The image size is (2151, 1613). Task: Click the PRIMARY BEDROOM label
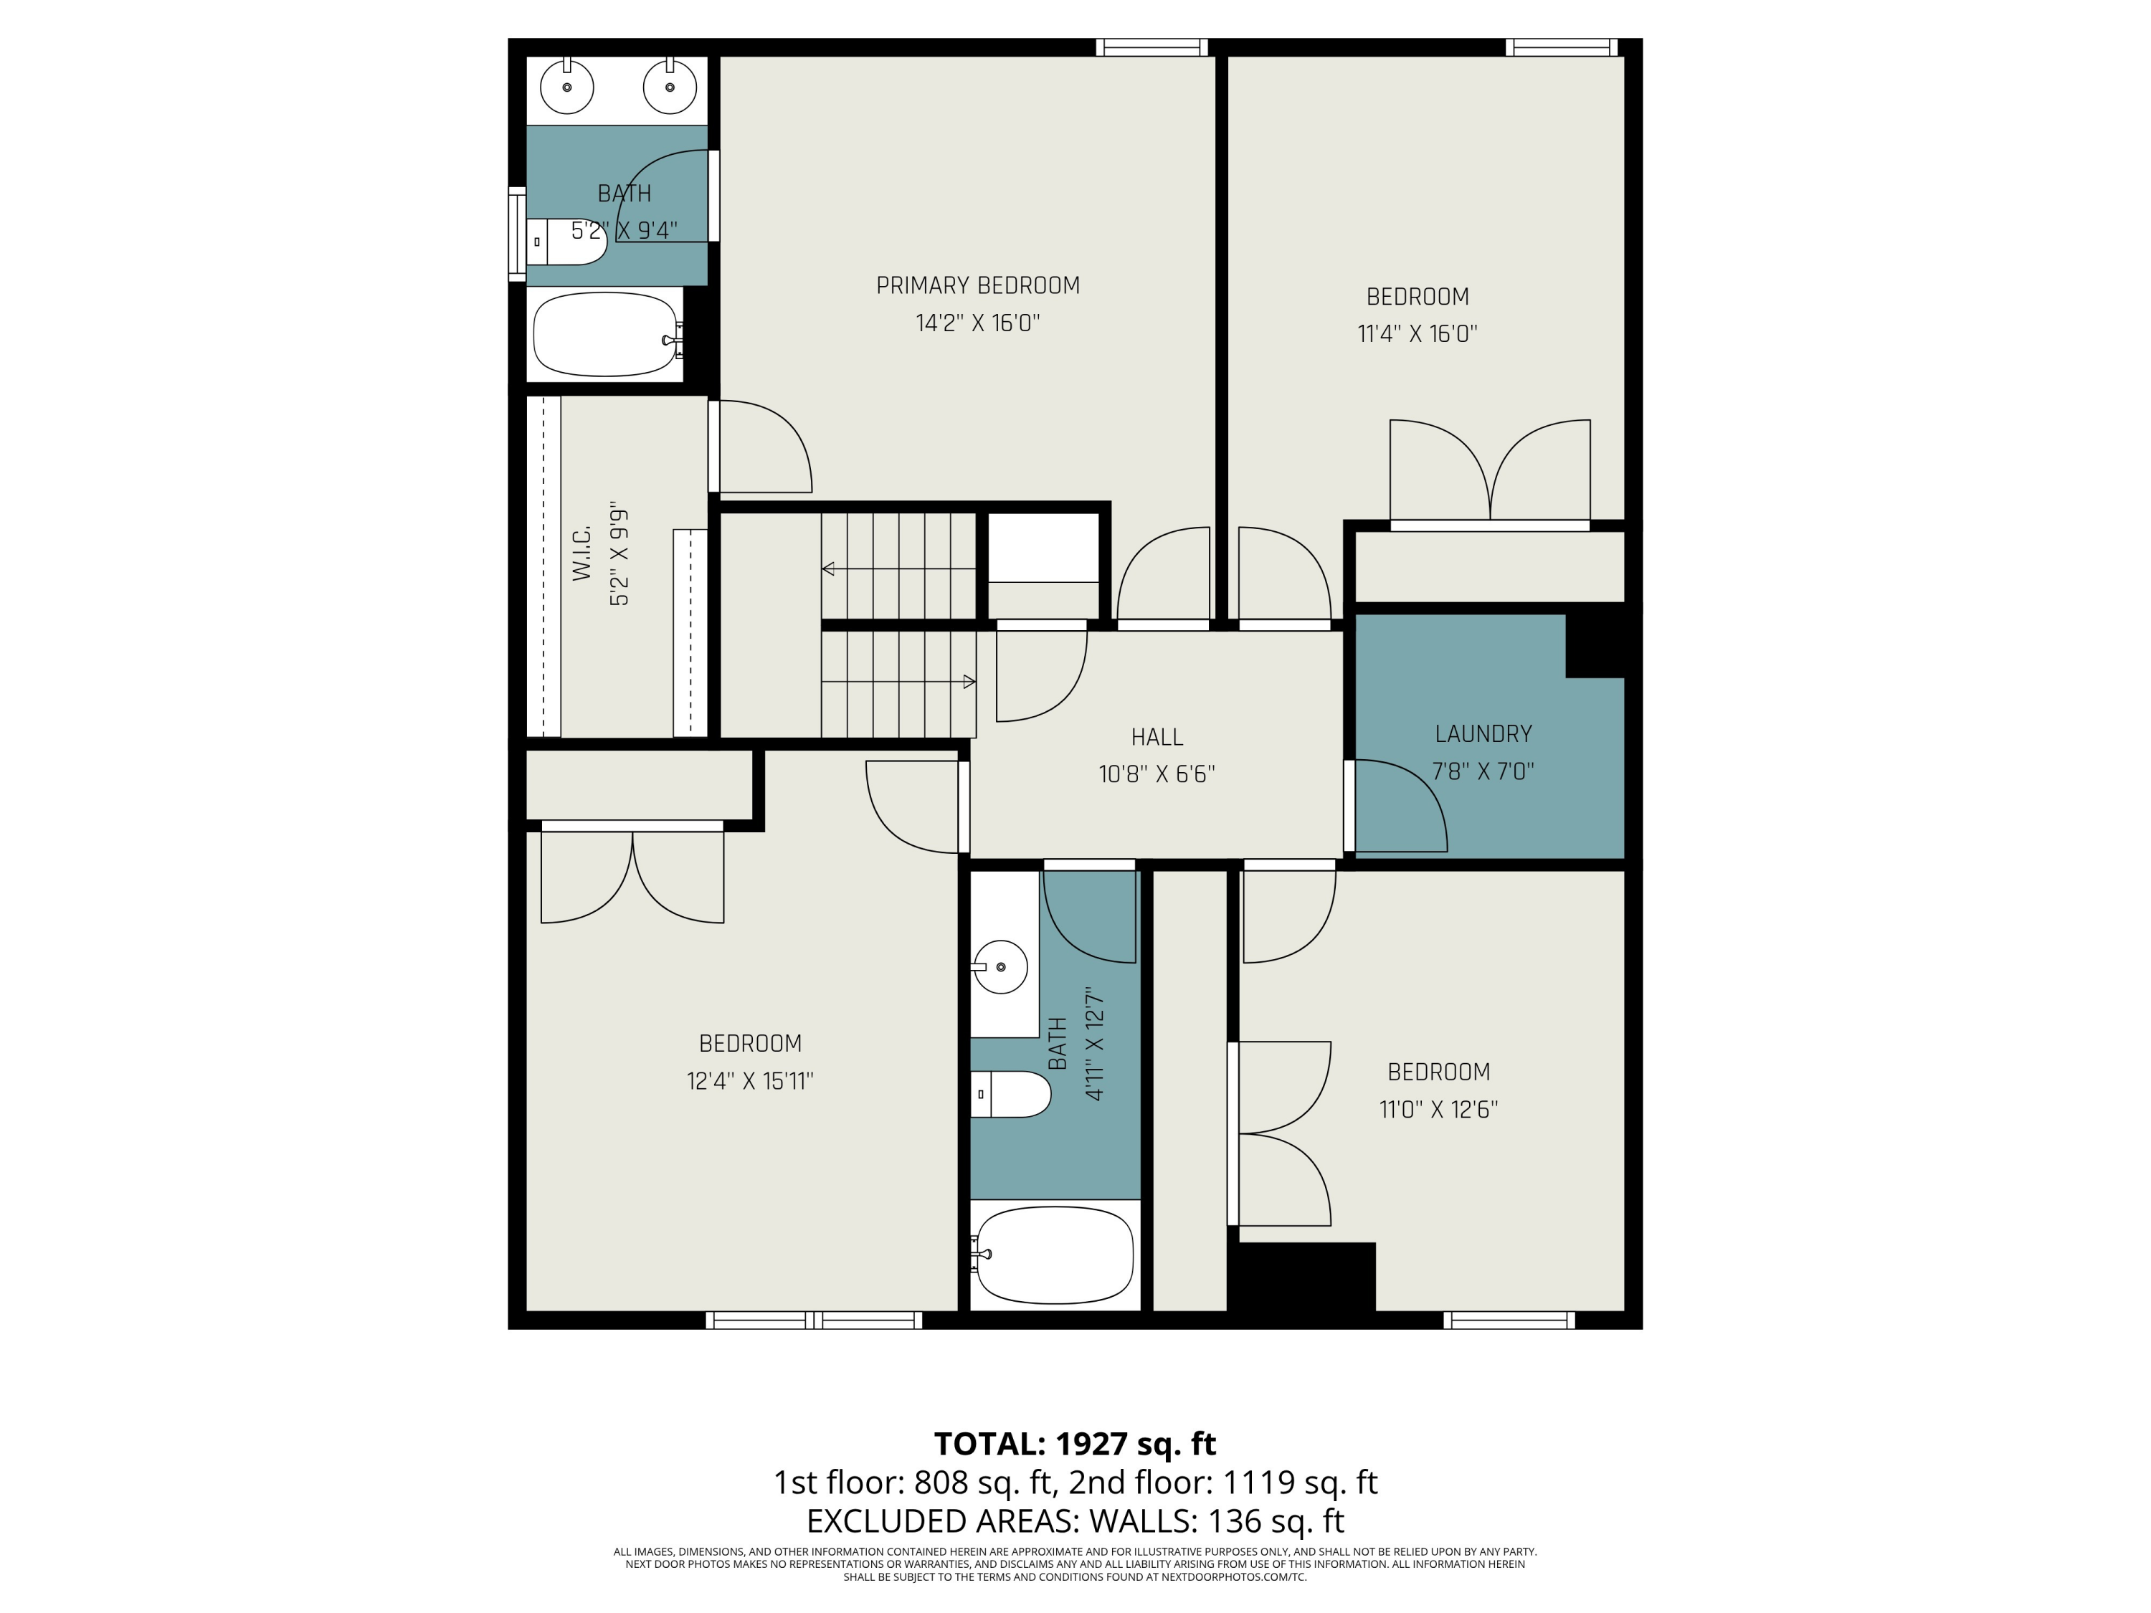[x=978, y=286]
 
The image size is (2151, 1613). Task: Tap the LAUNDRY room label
[x=1483, y=734]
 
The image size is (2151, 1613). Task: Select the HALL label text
[x=1157, y=737]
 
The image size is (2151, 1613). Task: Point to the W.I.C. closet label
[x=581, y=554]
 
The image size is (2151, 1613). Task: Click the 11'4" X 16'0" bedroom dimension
[x=1418, y=333]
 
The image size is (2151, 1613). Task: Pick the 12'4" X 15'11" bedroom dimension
[x=750, y=1080]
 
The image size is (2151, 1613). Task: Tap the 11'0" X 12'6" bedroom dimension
[x=1439, y=1109]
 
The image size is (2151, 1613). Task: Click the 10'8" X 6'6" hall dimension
[x=1157, y=774]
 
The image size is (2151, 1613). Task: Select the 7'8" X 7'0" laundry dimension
[x=1483, y=771]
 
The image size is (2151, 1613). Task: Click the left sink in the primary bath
[x=567, y=87]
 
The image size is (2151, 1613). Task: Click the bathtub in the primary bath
[x=607, y=335]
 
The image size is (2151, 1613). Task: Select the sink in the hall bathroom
[x=1001, y=967]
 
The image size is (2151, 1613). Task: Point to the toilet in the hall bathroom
[x=1011, y=1095]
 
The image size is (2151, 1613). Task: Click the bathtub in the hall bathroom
[x=1055, y=1255]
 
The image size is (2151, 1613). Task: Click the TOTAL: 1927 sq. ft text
[x=1075, y=1444]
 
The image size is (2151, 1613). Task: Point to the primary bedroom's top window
[x=1152, y=47]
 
